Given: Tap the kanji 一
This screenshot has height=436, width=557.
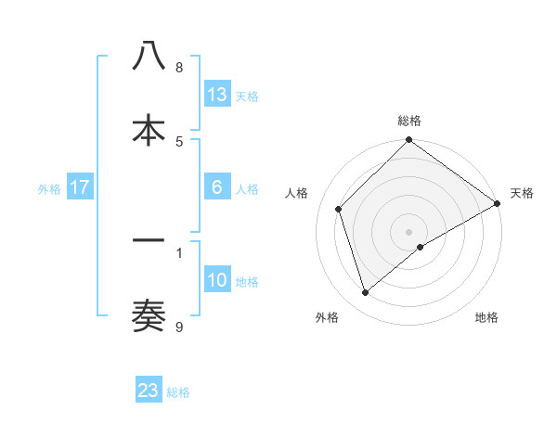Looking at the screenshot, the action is click(149, 240).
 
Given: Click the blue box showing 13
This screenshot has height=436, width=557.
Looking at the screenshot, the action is click(217, 95).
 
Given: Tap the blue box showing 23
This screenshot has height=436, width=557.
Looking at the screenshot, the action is click(149, 391).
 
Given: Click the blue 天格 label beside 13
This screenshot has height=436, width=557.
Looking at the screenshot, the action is click(247, 96).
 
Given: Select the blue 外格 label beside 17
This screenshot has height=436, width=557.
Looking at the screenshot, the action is click(49, 189).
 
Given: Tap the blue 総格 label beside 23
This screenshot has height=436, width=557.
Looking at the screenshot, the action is click(178, 391).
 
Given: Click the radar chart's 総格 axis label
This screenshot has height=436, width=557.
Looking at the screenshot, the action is click(409, 121).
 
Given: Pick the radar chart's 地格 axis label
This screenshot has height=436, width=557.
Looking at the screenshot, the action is click(486, 317).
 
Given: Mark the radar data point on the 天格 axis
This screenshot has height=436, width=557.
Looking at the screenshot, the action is click(498, 204).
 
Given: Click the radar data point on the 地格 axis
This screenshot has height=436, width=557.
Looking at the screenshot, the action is click(421, 247).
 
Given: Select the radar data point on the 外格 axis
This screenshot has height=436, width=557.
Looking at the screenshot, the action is click(366, 293).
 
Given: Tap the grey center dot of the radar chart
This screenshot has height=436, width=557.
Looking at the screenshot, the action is click(409, 231).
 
